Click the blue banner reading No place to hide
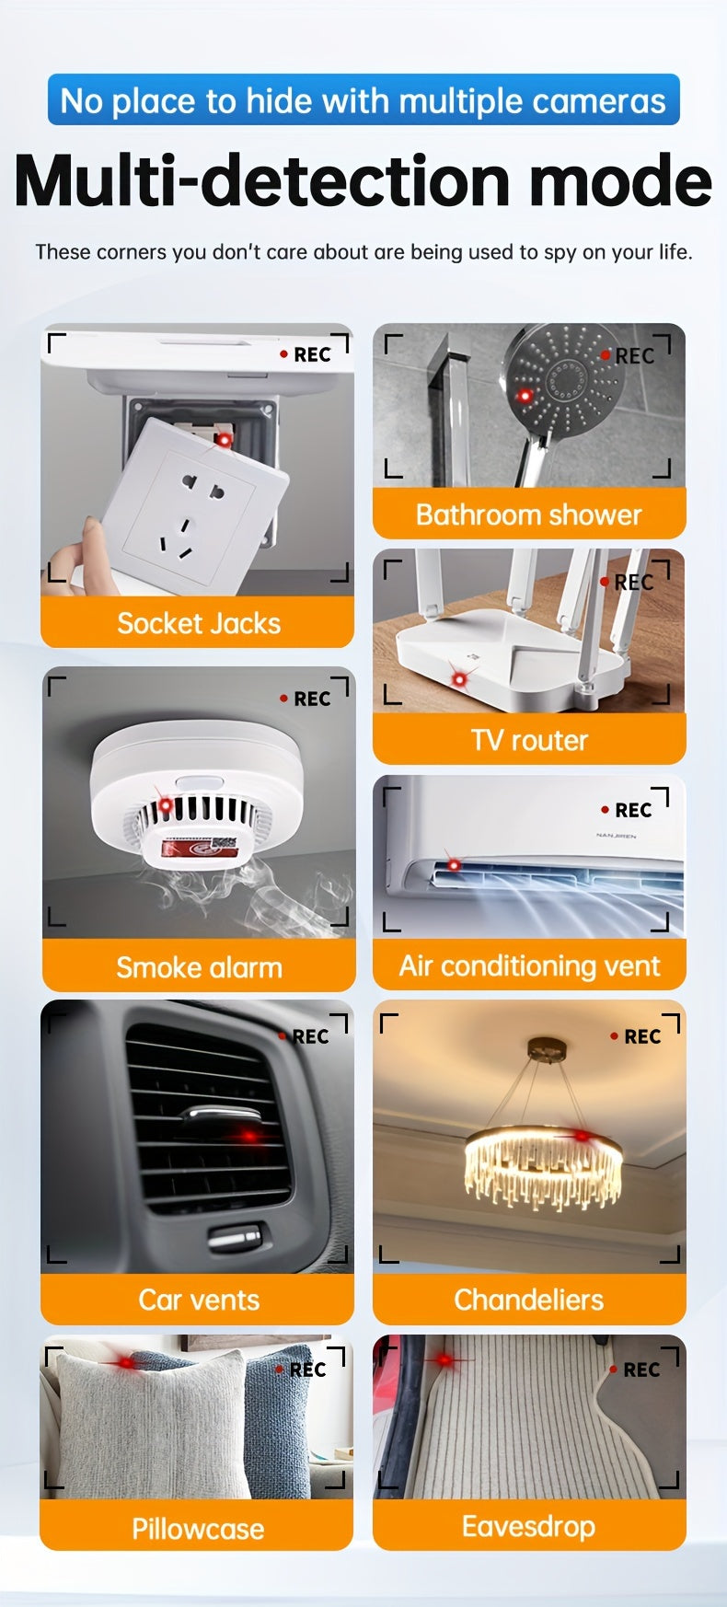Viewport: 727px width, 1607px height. (363, 99)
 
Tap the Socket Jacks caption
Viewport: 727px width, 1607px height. (199, 623)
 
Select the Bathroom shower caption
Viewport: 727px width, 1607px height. (529, 514)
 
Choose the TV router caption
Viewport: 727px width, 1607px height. (529, 740)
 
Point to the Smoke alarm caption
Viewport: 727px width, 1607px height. (199, 967)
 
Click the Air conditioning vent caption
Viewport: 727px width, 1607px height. (529, 965)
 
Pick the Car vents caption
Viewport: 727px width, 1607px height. (199, 1300)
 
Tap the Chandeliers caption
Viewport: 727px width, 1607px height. (529, 1300)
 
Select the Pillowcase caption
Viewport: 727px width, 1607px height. (198, 1529)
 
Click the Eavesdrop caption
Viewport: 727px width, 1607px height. (529, 1526)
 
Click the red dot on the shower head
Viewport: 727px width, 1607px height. (525, 396)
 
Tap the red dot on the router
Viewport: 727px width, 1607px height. (458, 679)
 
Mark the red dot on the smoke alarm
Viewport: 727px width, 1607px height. (166, 805)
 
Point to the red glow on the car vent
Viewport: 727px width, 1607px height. (249, 1136)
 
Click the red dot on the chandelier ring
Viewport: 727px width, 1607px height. (581, 1136)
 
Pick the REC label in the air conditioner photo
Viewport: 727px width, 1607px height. (633, 810)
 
